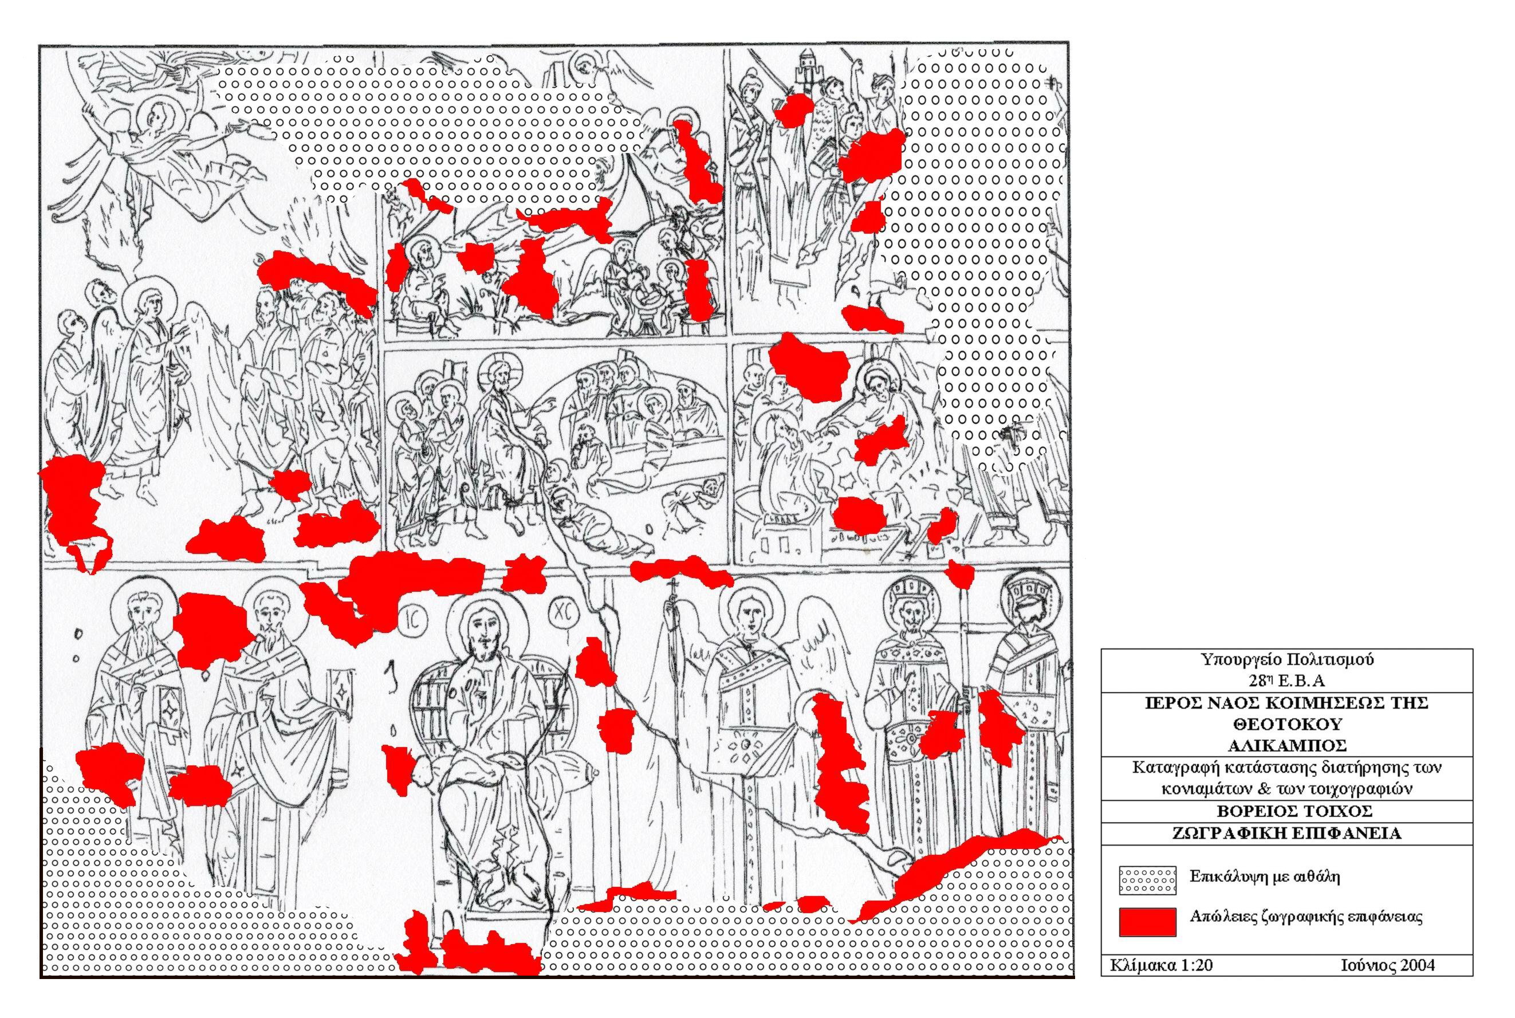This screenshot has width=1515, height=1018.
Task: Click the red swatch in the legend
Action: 1147,921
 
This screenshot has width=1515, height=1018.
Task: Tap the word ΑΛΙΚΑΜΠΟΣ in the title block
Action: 1286,745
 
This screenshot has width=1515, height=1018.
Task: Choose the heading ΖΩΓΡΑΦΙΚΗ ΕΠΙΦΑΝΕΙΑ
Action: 1286,833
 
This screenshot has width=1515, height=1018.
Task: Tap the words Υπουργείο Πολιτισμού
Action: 1286,659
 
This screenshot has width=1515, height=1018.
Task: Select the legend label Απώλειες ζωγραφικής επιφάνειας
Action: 1306,917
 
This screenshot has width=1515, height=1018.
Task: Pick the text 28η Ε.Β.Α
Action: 1286,681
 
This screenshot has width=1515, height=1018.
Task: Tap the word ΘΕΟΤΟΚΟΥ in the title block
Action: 1286,724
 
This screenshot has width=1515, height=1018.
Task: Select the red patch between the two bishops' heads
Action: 209,630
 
